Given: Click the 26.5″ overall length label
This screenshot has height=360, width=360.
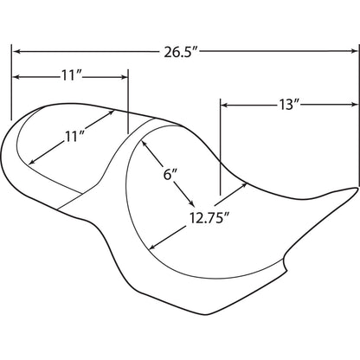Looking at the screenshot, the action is [181, 52].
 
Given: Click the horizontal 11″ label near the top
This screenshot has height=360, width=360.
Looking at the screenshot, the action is [72, 76].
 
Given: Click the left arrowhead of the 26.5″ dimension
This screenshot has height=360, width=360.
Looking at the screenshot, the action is [16, 52].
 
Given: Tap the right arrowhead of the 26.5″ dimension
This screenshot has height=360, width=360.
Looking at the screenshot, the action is [355, 51].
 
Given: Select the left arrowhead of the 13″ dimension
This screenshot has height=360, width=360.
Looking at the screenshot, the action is [224, 105].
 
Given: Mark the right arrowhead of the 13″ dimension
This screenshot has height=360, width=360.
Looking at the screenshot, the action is [355, 105].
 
